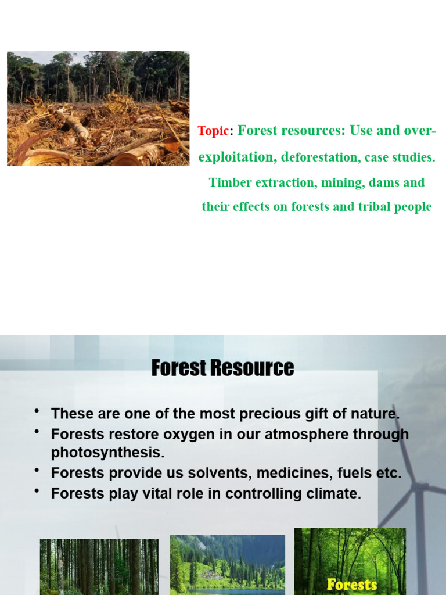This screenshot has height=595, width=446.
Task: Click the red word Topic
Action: tap(213, 131)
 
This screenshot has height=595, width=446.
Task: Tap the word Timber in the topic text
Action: tap(232, 182)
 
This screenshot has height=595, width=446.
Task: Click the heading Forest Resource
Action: tap(222, 368)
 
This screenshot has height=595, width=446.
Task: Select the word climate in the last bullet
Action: tap(334, 494)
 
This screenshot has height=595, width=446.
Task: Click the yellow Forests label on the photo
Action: tap(352, 584)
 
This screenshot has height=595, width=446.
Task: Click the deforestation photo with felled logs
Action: tap(98, 109)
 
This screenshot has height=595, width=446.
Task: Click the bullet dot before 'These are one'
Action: tap(37, 412)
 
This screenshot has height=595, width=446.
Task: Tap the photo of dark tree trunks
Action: tap(99, 567)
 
